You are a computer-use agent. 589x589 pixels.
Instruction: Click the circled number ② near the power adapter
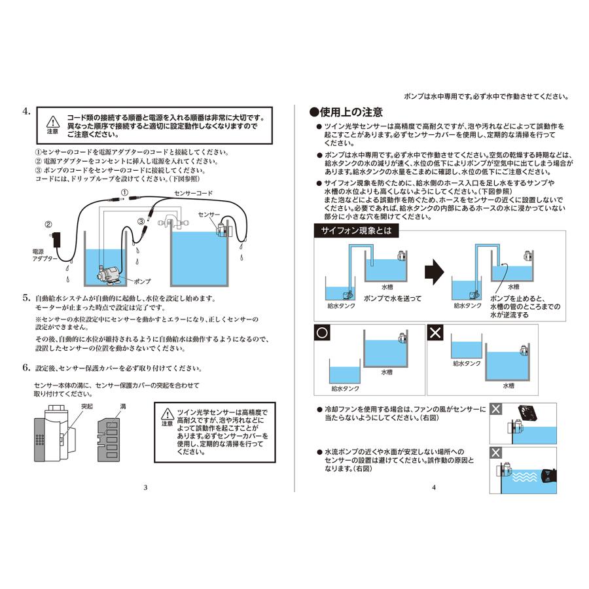(x=47, y=224)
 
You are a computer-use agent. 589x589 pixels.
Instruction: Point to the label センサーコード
(x=193, y=194)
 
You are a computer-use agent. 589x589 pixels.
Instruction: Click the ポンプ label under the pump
(x=141, y=281)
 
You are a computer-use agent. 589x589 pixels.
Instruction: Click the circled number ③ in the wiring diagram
(x=141, y=222)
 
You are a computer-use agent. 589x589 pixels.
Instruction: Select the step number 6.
(x=26, y=368)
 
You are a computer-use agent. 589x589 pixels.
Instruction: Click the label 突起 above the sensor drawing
(x=87, y=406)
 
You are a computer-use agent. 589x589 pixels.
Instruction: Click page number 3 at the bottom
(x=145, y=487)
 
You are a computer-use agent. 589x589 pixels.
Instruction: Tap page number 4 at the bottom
(x=433, y=487)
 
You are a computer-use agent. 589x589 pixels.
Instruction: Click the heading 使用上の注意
(x=347, y=112)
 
